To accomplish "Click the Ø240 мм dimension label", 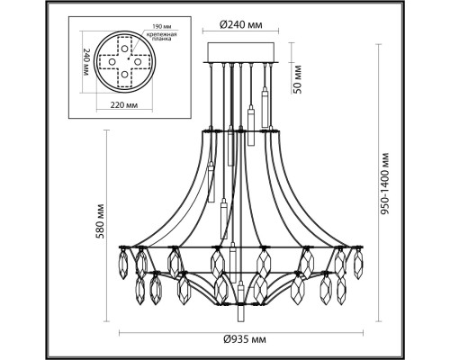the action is click(x=240, y=24).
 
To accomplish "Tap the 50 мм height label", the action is click(x=298, y=78).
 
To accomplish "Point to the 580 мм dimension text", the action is click(x=100, y=221).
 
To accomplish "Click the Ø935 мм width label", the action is click(x=245, y=339).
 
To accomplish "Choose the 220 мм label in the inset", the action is click(x=124, y=105).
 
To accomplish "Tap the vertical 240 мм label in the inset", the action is click(x=86, y=62).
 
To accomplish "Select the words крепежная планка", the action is click(x=161, y=37).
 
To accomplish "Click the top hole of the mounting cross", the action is click(x=124, y=48).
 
